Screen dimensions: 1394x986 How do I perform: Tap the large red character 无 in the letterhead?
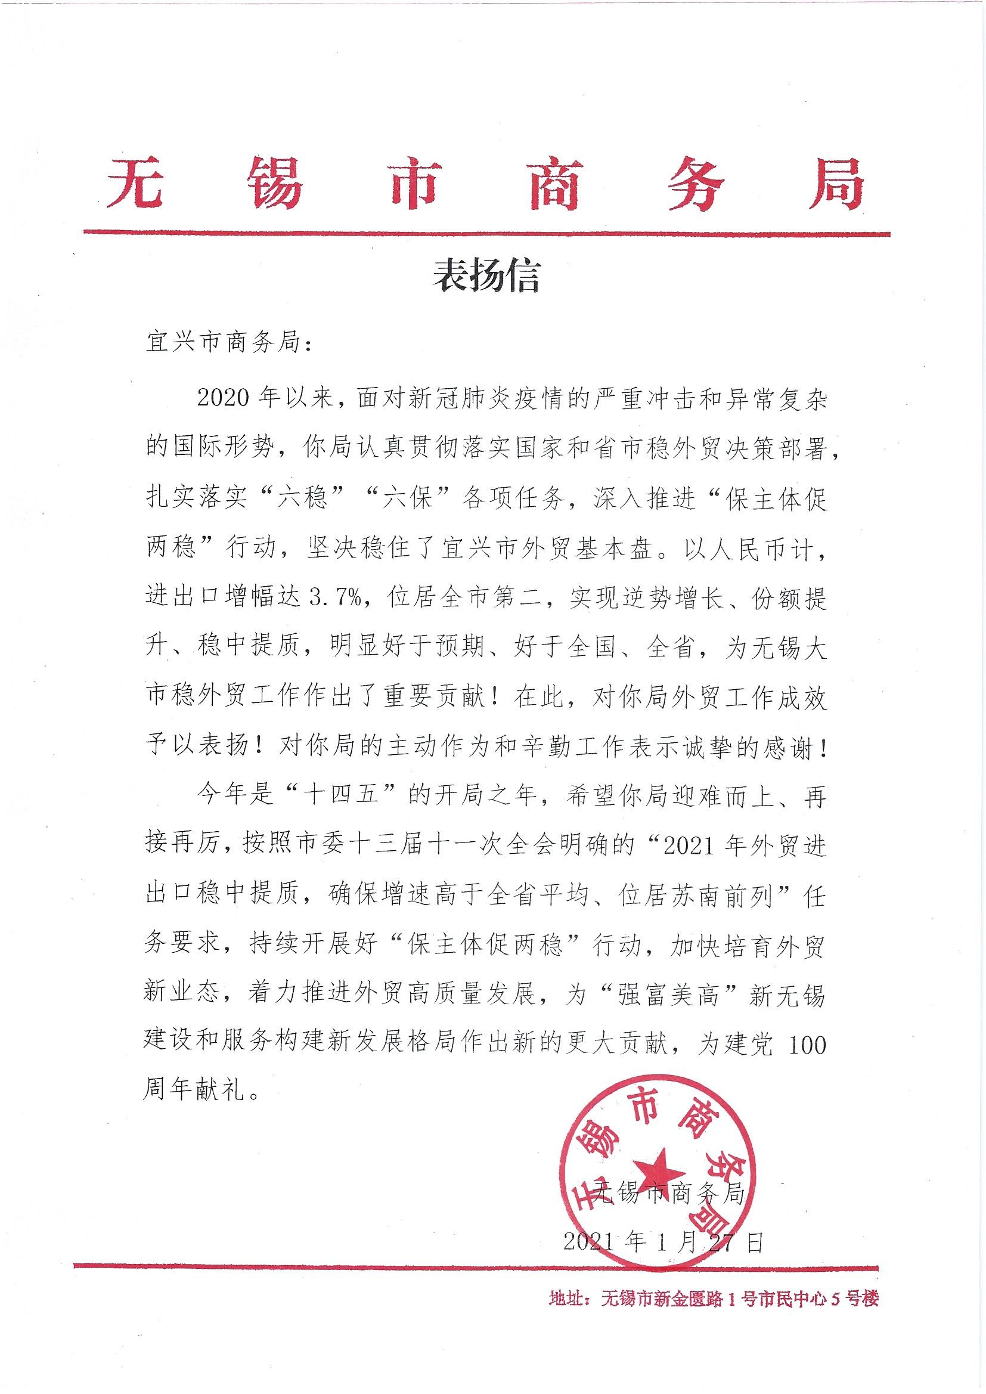tap(135, 181)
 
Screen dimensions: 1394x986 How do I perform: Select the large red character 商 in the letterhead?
tap(553, 181)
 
